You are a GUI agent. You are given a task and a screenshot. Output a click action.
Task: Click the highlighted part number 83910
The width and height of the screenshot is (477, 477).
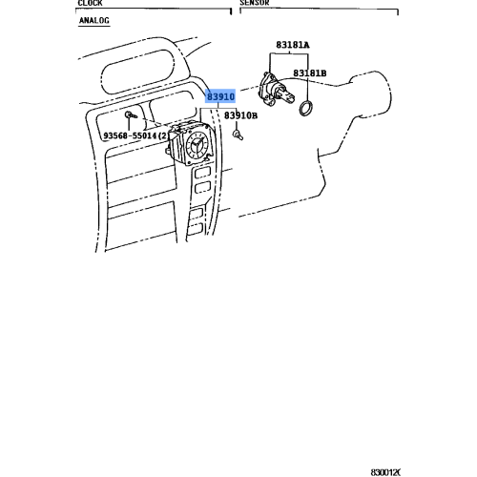[x=220, y=96]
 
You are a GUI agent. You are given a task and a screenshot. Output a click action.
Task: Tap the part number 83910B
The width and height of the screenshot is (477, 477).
[x=240, y=115]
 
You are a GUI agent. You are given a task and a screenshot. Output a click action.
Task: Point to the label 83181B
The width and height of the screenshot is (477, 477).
[x=310, y=73]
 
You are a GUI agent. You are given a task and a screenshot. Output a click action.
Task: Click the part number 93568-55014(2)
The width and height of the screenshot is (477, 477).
[x=136, y=135]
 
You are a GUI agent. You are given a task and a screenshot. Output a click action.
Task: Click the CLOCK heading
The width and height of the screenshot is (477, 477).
[x=90, y=4]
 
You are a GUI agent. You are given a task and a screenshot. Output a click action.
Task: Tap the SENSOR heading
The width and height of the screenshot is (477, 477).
[x=256, y=4]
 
